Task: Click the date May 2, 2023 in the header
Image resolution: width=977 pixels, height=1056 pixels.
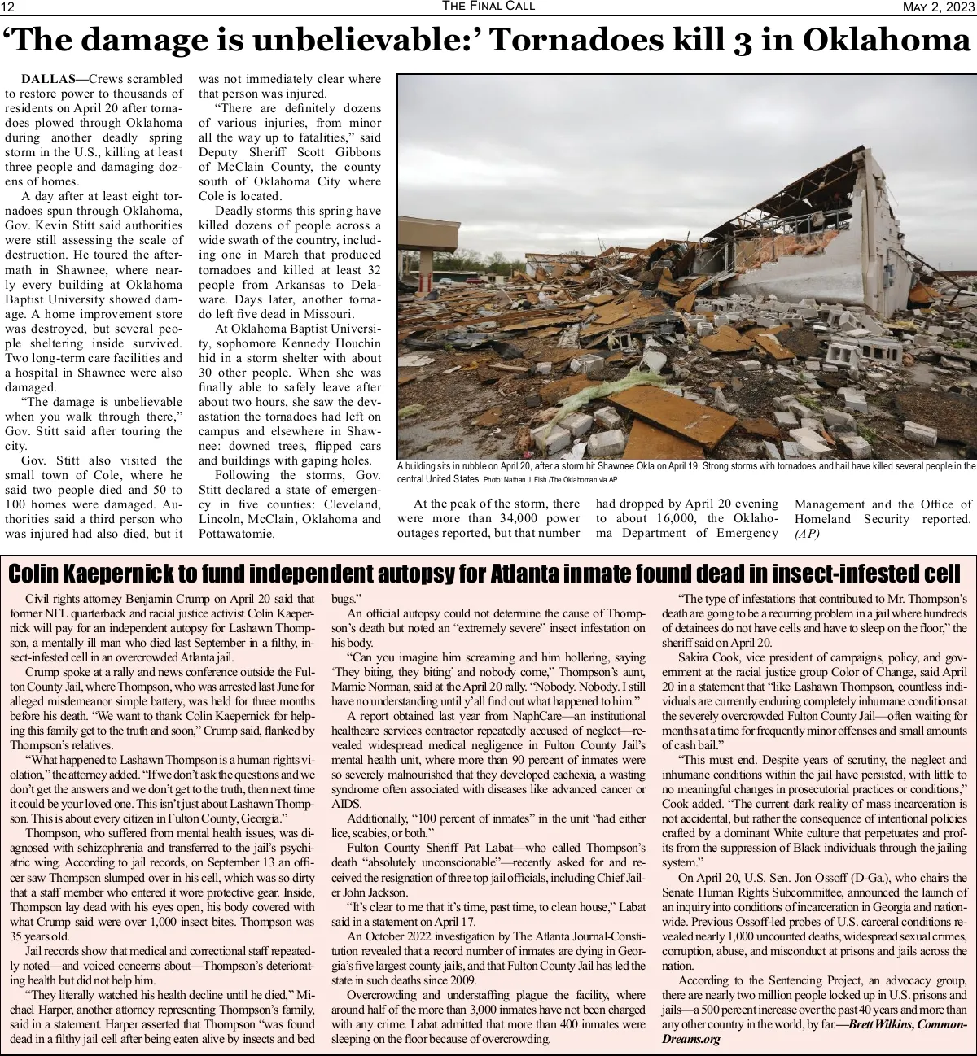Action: pyautogui.click(x=939, y=7)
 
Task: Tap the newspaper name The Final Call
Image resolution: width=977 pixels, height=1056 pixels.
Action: pyautogui.click(x=488, y=7)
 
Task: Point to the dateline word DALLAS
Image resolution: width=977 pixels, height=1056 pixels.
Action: pyautogui.click(x=47, y=79)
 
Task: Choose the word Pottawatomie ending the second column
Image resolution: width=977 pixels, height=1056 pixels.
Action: pyautogui.click(x=237, y=534)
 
